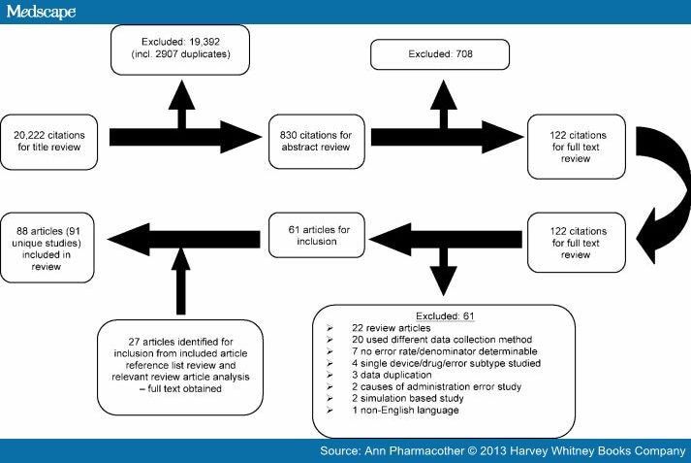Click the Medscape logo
click(x=40, y=12)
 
